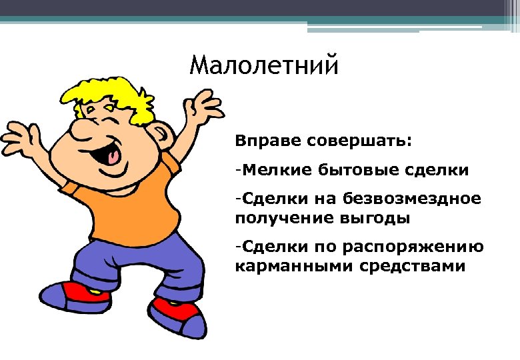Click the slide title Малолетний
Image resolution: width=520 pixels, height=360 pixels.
264,67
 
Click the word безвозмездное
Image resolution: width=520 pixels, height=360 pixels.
412,198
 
